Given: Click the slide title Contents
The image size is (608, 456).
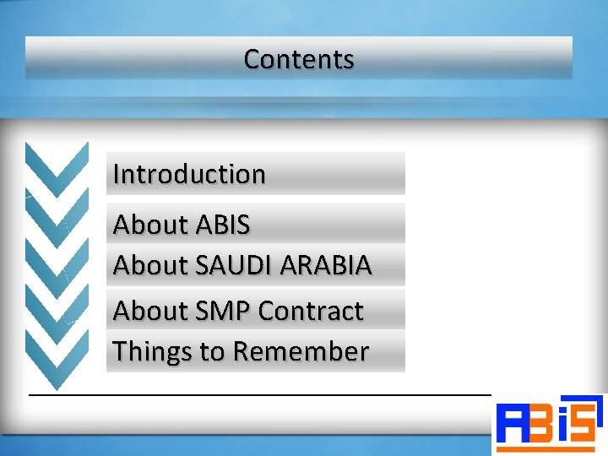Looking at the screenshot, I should (298, 59).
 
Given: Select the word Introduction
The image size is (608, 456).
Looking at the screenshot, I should (189, 174).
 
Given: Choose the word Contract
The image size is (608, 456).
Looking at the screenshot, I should (311, 311).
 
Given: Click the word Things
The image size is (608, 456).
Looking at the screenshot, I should (152, 351).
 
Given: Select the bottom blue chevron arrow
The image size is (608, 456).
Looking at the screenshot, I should (57, 358).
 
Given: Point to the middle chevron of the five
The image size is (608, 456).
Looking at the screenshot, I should (57, 263).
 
